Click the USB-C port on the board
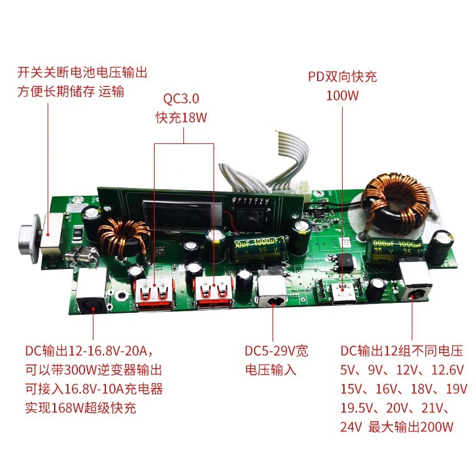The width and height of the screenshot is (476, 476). [343, 294]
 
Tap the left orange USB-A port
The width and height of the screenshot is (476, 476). [155, 294]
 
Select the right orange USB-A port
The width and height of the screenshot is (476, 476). [214, 292]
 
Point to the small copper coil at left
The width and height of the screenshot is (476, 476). [124, 237]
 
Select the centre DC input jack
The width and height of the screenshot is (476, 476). [272, 292]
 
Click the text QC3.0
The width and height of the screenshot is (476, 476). [181, 99]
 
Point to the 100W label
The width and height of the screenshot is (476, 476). [342, 96]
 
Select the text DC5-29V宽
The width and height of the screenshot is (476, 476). [276, 351]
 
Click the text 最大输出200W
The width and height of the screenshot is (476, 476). [411, 427]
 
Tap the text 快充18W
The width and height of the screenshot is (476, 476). [181, 118]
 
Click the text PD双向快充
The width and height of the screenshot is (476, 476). [343, 77]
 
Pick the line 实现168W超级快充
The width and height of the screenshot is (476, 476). [81, 408]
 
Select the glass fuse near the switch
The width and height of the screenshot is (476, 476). [82, 255]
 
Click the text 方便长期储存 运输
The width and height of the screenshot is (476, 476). [71, 92]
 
